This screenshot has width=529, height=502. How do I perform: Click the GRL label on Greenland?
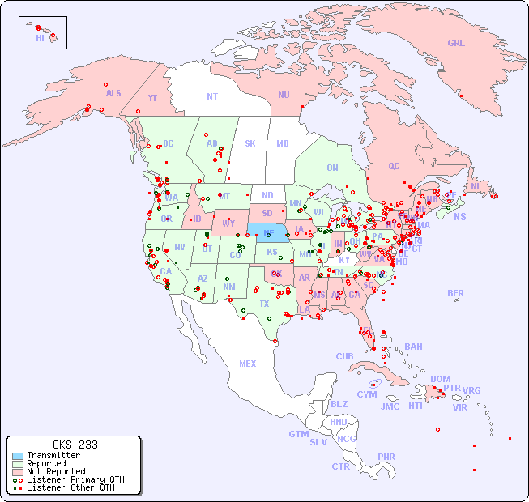click(x=456, y=44)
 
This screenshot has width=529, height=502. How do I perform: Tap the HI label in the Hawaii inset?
click(x=40, y=38)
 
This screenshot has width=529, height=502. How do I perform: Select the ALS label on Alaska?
click(x=113, y=93)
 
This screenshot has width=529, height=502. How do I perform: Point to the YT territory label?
click(x=152, y=98)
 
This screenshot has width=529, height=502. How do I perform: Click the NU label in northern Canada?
click(x=284, y=95)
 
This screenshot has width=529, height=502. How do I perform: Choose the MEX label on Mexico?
click(x=248, y=364)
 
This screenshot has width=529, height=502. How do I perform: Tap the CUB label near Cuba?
click(x=345, y=356)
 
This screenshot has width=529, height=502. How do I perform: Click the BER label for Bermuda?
click(x=456, y=293)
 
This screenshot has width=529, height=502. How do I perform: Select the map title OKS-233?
click(x=75, y=445)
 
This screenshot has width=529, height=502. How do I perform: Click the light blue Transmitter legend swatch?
click(x=18, y=456)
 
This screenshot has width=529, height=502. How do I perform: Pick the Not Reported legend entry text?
click(x=56, y=471)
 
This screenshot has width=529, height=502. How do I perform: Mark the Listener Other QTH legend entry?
click(x=70, y=487)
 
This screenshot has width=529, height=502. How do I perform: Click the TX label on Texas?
click(x=264, y=304)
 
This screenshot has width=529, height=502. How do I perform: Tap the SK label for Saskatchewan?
click(x=250, y=143)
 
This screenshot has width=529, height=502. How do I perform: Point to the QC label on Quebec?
click(x=394, y=166)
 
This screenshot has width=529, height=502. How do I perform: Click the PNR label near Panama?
click(x=386, y=457)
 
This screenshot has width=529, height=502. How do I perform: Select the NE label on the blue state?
click(x=269, y=232)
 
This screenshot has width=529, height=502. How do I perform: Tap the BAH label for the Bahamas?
click(x=413, y=347)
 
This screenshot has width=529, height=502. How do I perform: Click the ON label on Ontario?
click(x=332, y=168)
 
